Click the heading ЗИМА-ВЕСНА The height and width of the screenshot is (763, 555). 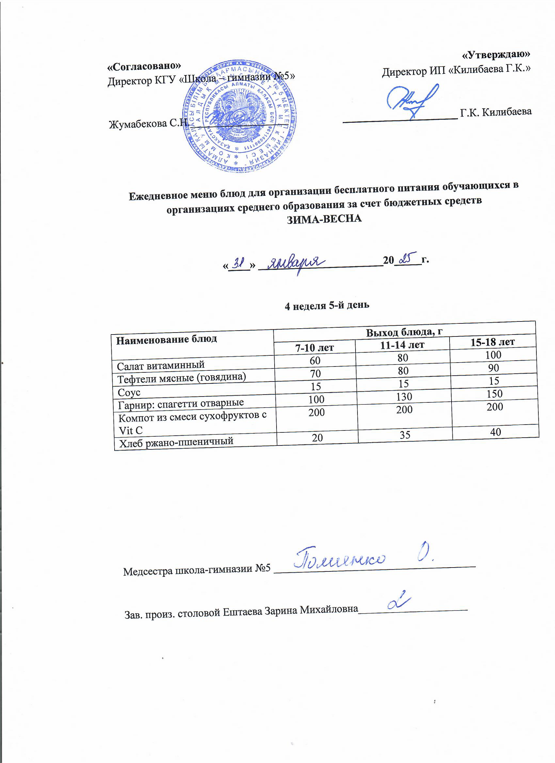[x=324, y=219]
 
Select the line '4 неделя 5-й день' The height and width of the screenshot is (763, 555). [x=327, y=305]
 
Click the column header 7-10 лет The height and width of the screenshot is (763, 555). [x=314, y=347]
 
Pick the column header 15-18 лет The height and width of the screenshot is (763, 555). [x=492, y=342]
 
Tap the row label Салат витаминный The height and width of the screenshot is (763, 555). [x=161, y=365]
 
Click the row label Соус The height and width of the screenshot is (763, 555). [x=129, y=392]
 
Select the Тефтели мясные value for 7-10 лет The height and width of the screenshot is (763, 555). [x=315, y=373]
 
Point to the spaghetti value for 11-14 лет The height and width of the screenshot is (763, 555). [x=404, y=397]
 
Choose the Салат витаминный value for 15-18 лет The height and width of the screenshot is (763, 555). [x=493, y=355]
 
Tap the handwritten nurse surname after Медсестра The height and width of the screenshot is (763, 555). [x=340, y=558]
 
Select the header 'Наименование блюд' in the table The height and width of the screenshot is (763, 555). [x=166, y=339]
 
